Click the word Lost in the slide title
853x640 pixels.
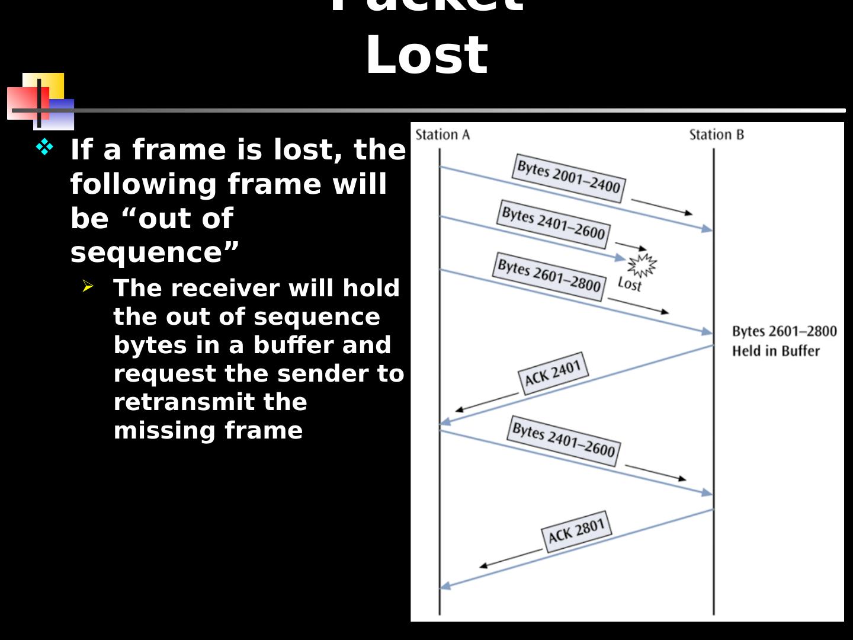[426, 55]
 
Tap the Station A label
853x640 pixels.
[442, 135]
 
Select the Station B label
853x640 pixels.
[716, 135]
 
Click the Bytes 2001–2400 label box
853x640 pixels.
[568, 178]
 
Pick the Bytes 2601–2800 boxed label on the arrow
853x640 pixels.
[549, 277]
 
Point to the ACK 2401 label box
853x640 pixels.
[553, 373]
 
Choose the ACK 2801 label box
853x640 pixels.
[576, 531]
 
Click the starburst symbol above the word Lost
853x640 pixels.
[642, 264]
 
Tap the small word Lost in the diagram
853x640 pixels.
[629, 284]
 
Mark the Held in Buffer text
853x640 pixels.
[775, 351]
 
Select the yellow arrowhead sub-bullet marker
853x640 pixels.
[88, 287]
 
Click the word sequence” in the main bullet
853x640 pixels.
[155, 252]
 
